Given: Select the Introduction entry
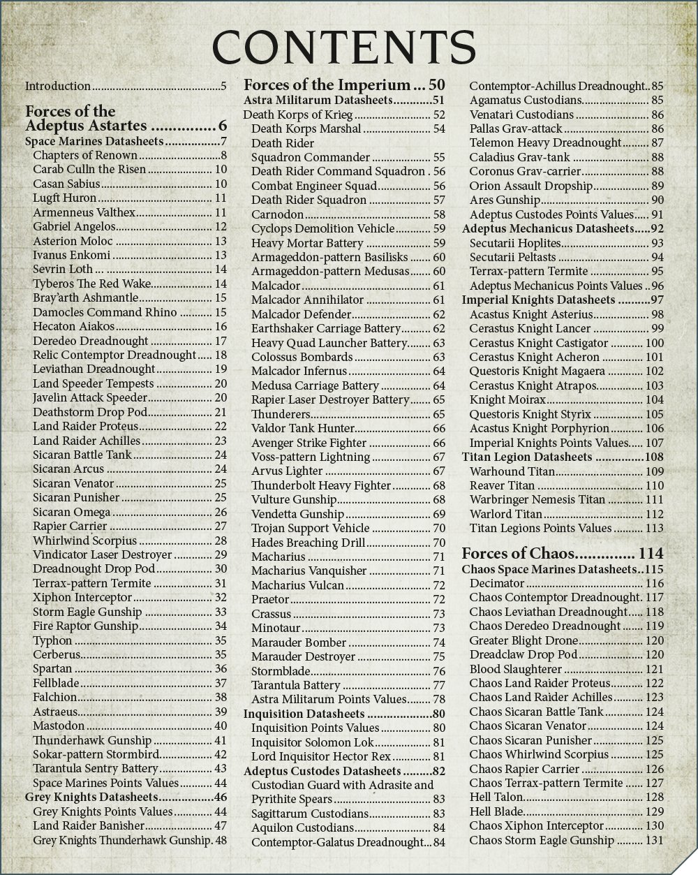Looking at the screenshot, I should tap(58, 87).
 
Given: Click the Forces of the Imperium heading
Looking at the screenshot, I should tap(326, 86).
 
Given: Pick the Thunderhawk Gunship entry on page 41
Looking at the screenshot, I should tap(92, 740).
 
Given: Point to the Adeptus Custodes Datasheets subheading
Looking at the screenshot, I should tap(322, 771).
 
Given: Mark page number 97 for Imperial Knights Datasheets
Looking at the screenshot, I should tap(655, 300).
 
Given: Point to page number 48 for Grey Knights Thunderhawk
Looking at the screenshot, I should tap(221, 840).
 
